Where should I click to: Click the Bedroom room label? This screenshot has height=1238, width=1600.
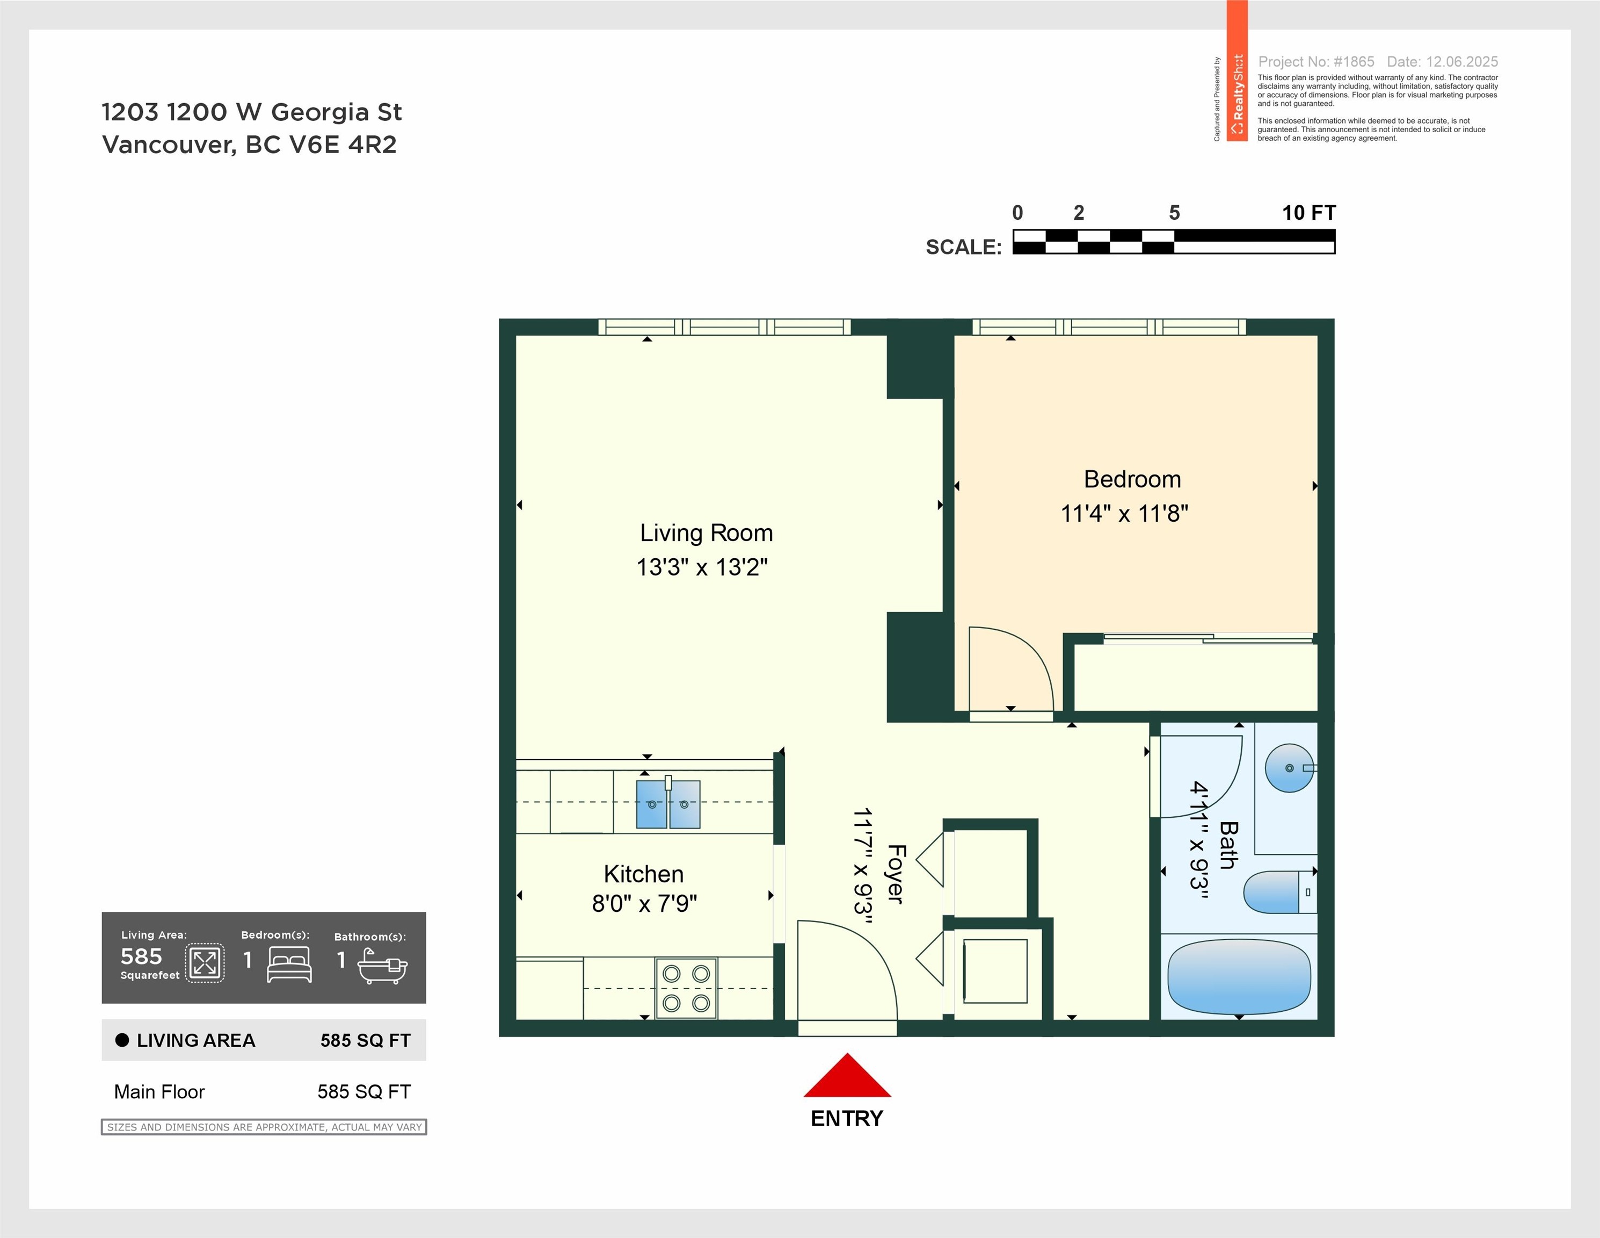(x=1132, y=479)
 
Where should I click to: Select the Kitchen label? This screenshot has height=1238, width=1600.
(x=643, y=874)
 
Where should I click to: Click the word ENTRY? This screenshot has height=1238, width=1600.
(x=847, y=1119)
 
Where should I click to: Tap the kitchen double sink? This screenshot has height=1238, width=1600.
(x=668, y=804)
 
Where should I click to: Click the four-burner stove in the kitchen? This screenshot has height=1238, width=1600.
(x=687, y=988)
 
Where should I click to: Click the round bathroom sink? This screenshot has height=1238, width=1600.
(x=1289, y=768)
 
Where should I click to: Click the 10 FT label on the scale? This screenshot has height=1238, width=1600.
(x=1308, y=213)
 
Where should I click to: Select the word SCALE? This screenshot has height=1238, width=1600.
(x=963, y=247)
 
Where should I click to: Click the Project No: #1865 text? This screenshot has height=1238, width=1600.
(x=1316, y=62)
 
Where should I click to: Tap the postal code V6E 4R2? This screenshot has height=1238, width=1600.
(x=344, y=145)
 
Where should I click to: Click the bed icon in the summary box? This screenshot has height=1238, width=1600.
(x=289, y=964)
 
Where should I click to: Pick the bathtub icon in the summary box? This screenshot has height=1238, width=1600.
(x=382, y=966)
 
